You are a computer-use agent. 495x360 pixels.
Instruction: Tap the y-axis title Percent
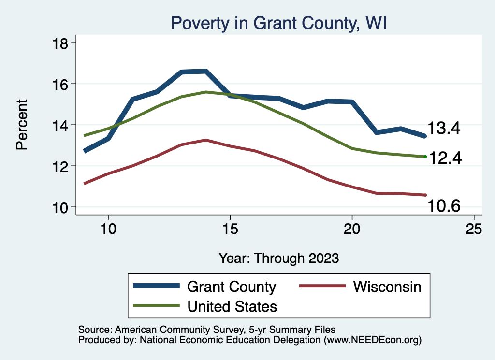point(22,125)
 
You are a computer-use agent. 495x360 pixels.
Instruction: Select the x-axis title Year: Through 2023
point(279,258)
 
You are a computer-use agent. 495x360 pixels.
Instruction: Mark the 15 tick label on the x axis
point(230,229)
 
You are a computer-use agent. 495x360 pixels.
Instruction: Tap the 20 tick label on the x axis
point(352,229)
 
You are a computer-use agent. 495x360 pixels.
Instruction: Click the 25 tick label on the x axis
point(474,229)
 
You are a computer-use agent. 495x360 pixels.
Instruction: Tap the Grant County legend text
point(231,287)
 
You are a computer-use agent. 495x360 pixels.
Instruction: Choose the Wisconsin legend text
point(387,287)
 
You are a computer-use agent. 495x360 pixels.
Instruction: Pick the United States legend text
point(232,306)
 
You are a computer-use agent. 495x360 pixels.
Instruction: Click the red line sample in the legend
point(323,286)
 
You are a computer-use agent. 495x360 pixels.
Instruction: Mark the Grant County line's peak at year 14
point(206,72)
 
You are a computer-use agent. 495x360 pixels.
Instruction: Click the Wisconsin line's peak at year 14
point(206,140)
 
